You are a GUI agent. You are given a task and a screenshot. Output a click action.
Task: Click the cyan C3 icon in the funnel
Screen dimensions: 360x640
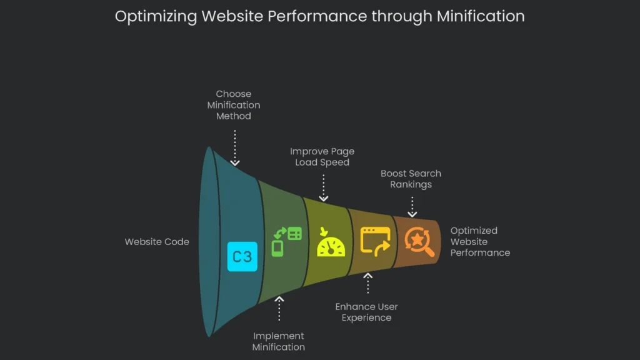click(x=242, y=256)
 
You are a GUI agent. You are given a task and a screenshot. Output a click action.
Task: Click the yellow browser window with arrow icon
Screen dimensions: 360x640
click(x=376, y=241)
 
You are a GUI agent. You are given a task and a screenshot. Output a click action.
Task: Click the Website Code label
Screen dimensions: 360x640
click(x=157, y=242)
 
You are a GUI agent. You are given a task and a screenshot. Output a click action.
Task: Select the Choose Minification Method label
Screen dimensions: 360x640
click(x=234, y=105)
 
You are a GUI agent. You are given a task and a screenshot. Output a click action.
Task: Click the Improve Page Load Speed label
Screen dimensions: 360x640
click(x=322, y=157)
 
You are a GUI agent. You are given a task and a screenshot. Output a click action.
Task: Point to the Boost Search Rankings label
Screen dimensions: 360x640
click(x=411, y=179)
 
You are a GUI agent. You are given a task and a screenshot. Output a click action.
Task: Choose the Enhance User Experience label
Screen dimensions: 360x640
click(x=366, y=312)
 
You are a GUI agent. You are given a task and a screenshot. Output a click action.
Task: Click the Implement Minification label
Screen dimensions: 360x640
click(x=279, y=341)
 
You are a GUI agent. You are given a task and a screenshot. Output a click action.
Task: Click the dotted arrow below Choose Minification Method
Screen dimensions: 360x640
click(x=234, y=147)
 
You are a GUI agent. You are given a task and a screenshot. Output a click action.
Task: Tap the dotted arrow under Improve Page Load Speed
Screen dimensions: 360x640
click(x=323, y=187)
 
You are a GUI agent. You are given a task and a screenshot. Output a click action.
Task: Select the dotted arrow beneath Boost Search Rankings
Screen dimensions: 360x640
click(x=412, y=206)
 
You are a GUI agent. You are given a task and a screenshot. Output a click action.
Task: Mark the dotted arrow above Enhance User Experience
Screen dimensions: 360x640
click(x=367, y=283)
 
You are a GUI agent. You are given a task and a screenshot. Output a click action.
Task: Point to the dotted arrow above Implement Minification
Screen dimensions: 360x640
click(x=279, y=308)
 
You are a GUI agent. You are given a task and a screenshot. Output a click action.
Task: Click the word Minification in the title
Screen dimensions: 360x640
click(x=481, y=16)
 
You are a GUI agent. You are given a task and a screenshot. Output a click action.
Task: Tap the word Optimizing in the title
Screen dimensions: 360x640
click(x=156, y=17)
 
